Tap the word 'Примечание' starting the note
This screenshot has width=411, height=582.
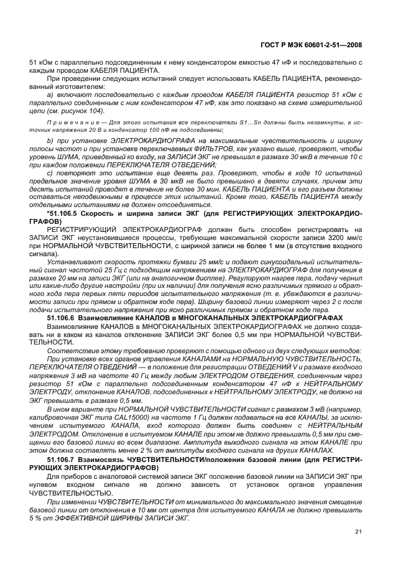click(70, 123)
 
